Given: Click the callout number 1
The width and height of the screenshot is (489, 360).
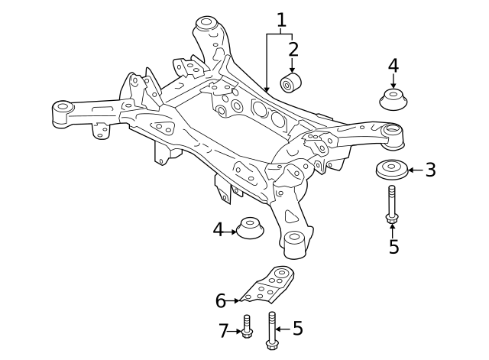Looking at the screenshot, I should [x=281, y=19].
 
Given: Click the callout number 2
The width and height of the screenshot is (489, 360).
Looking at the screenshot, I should [x=293, y=50].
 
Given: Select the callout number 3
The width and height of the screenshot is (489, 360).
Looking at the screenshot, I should [x=430, y=170].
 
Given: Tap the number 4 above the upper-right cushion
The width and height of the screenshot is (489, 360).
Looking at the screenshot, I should [x=393, y=66].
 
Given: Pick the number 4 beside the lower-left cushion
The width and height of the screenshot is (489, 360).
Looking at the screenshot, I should [x=218, y=229].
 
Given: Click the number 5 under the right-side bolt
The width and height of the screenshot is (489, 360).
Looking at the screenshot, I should [x=393, y=247].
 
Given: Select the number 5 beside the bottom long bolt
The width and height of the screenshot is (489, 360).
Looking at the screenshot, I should [x=297, y=329].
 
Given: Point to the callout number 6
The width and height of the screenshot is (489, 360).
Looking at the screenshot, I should [x=220, y=301].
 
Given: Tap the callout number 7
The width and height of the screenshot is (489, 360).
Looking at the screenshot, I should [x=224, y=331].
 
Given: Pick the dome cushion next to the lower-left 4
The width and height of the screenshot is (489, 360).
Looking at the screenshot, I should [x=251, y=229].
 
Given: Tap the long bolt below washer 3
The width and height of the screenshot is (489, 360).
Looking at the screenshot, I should [x=392, y=204].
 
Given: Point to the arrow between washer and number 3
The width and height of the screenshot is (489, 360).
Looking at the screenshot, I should [x=416, y=170].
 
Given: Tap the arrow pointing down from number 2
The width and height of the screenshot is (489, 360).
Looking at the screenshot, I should [x=293, y=66].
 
